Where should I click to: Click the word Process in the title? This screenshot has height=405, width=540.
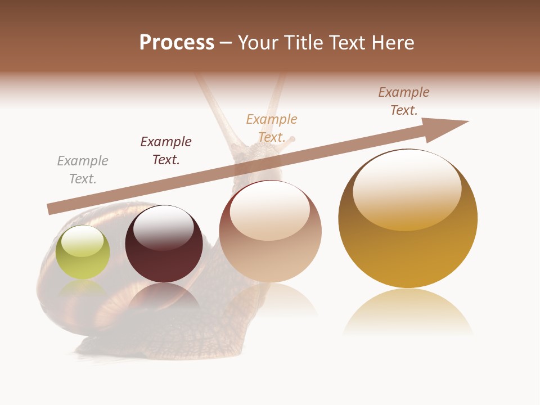coord(177,43)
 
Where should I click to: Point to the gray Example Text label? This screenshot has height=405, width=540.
coord(83,170)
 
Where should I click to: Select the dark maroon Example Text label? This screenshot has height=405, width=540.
coord(166,151)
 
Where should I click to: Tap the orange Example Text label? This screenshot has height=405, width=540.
coord(272,128)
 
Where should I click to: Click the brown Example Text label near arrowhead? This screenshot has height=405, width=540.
coord(404,101)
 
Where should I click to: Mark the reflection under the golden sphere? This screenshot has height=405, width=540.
coord(408,312)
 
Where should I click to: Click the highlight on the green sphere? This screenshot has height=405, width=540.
coord(82,241)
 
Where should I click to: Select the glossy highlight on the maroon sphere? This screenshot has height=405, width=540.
coord(163,227)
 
